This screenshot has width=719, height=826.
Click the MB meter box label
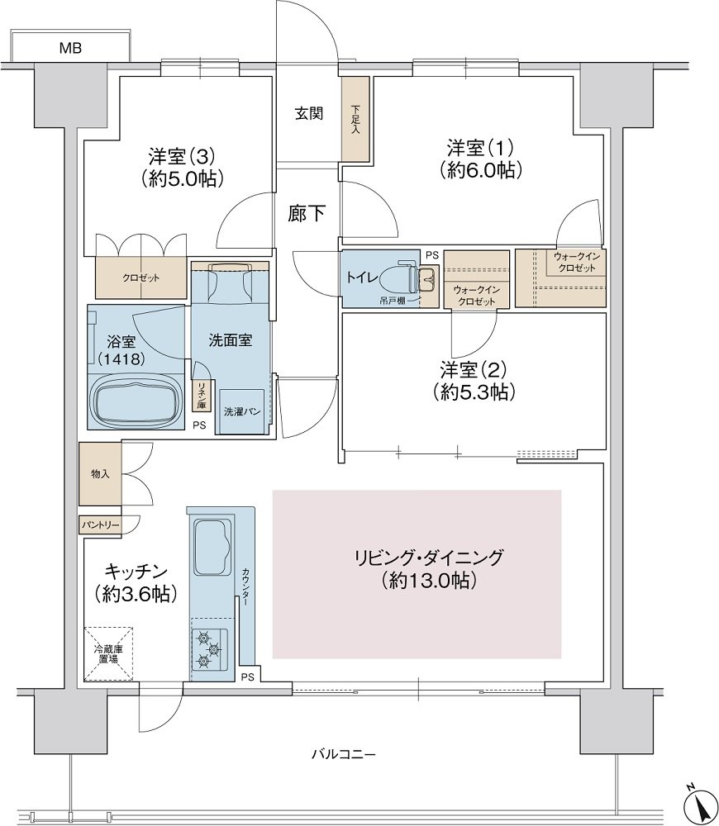tap(70, 49)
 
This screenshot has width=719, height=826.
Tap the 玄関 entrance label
tap(309, 113)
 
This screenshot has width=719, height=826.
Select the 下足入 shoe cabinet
tap(355, 120)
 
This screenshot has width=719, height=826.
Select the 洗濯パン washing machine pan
tap(241, 411)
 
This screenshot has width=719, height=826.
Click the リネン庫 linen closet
tap(201, 396)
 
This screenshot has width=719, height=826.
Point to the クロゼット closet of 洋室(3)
tap(140, 278)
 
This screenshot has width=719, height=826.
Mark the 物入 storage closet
tap(100, 474)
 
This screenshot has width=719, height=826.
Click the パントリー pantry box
tap(100, 525)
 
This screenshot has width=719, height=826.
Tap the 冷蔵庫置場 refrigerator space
tap(108, 653)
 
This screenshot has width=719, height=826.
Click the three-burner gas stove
tap(209, 649)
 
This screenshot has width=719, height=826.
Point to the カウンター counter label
tap(246, 585)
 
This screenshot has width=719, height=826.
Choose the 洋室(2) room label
tap(474, 380)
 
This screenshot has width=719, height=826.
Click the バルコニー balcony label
tap(343, 755)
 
